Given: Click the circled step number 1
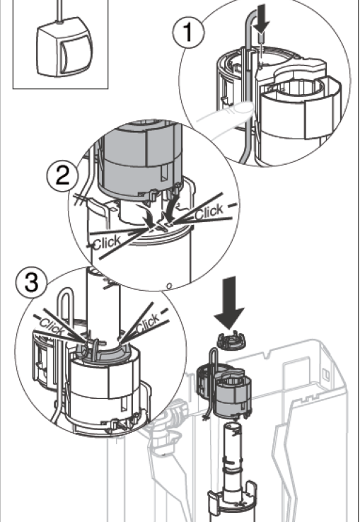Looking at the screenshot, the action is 188,33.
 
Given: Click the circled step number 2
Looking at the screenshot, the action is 63,176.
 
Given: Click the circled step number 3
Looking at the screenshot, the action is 32,284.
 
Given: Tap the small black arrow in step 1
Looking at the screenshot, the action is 262,19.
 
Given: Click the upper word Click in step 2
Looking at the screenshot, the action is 209,211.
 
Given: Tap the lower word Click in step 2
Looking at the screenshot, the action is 107,243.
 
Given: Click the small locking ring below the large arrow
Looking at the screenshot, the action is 229,340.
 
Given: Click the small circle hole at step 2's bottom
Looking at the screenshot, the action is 169,286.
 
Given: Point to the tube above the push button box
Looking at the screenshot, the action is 59,11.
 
